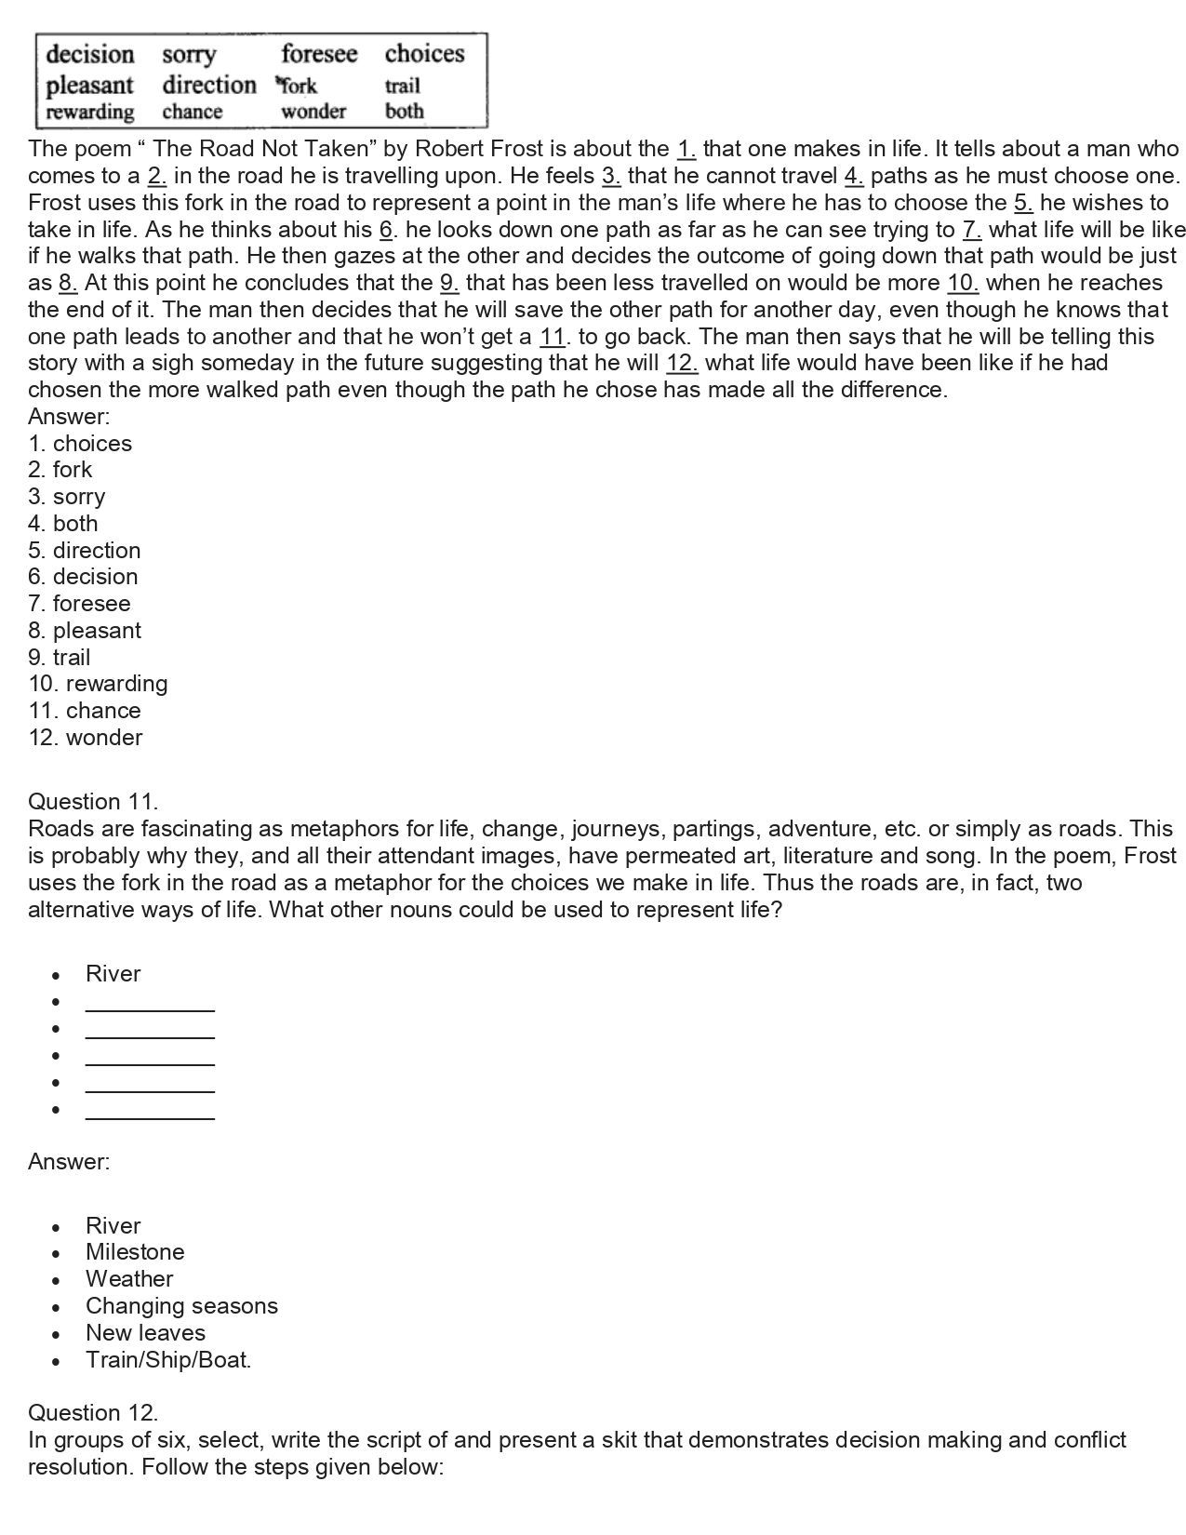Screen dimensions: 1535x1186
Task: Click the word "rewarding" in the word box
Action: (x=90, y=112)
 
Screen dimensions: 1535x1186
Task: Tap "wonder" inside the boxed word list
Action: (x=313, y=112)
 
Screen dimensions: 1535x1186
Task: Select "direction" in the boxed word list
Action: (x=208, y=85)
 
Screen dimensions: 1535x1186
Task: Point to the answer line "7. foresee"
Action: (x=79, y=604)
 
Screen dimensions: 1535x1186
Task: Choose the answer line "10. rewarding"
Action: (x=98, y=684)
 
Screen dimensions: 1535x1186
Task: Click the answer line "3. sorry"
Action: (x=66, y=497)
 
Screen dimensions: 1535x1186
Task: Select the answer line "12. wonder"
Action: (x=86, y=738)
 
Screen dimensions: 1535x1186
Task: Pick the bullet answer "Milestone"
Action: (x=135, y=1252)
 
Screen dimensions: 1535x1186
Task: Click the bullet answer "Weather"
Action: (x=129, y=1279)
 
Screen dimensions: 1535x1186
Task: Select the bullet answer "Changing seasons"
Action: (x=181, y=1306)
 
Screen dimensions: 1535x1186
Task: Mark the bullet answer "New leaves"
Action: (x=145, y=1333)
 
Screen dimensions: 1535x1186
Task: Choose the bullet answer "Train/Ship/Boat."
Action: (x=168, y=1360)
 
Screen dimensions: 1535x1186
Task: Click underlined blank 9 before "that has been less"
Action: (x=449, y=283)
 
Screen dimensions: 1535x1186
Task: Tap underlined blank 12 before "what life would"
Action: (x=682, y=363)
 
